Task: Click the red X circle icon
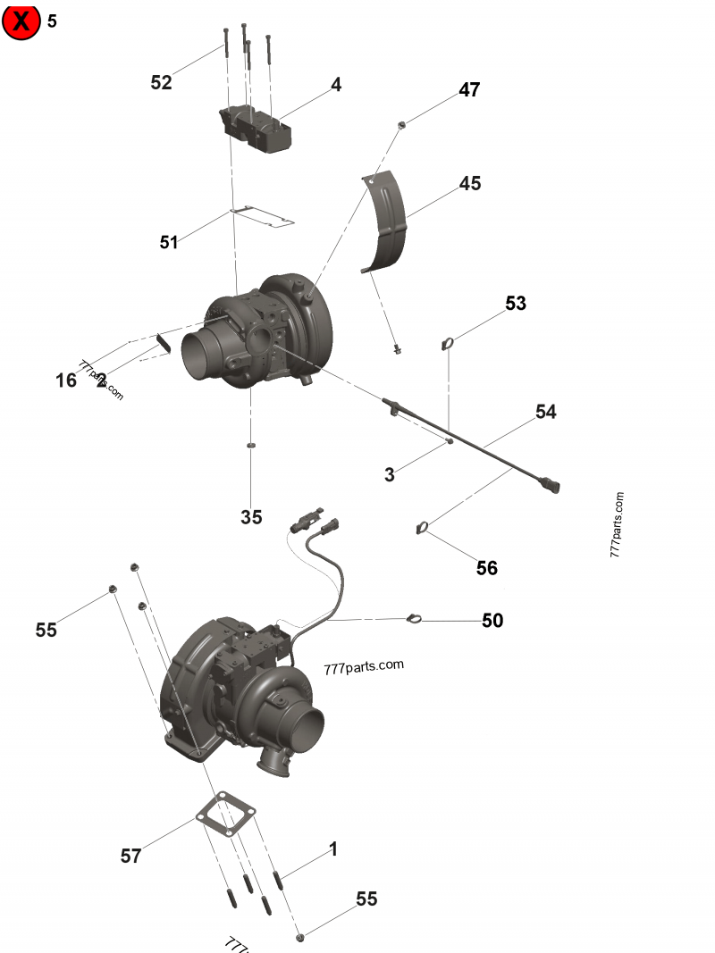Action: [x=21, y=21]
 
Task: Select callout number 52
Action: [x=161, y=83]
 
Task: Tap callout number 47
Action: [x=469, y=90]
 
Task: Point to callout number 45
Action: [x=470, y=183]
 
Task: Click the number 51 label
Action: [x=169, y=242]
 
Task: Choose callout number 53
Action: [x=516, y=304]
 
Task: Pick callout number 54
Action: [x=545, y=412]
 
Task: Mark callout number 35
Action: [x=251, y=517]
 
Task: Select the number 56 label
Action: [x=486, y=568]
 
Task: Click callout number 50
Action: [x=492, y=621]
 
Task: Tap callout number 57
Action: [x=130, y=857]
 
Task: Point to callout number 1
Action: [x=333, y=849]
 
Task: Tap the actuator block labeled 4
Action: [x=256, y=130]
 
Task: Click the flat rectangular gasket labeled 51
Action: [x=262, y=217]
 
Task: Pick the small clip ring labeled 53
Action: [x=449, y=343]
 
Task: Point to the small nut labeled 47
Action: [x=402, y=124]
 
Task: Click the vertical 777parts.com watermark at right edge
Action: [x=618, y=525]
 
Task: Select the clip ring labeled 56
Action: [x=422, y=530]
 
